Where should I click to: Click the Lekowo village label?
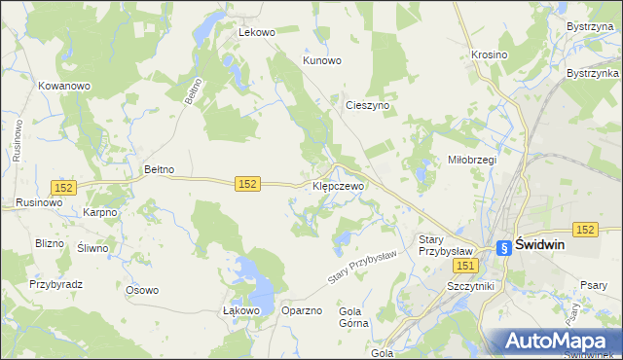[x=258, y=32]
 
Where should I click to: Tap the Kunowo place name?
[x=322, y=60]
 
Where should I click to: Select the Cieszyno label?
[x=367, y=104]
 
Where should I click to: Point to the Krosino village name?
[x=489, y=55]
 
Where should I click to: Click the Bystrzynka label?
[x=593, y=74]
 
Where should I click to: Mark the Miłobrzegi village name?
[x=472, y=160]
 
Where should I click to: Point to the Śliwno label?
[x=92, y=248]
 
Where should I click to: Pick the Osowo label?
[x=142, y=290]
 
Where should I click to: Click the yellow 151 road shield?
[x=466, y=266]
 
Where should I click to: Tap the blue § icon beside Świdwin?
[x=503, y=248]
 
